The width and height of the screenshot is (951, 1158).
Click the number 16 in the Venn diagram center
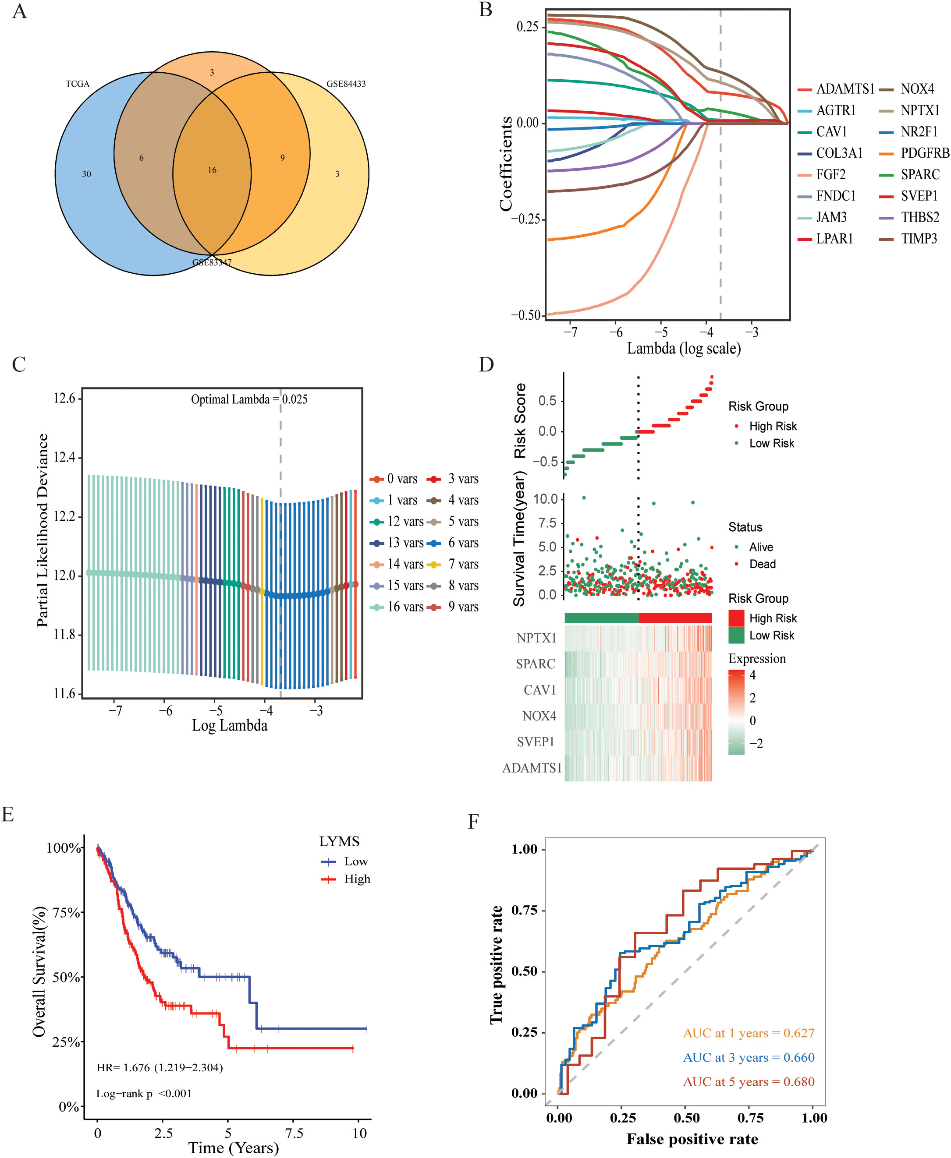pos(212,170)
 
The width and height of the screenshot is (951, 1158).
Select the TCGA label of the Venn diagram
pos(77,84)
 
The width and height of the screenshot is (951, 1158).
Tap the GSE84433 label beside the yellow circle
pos(346,84)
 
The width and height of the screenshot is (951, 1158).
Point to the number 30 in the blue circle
pos(87,174)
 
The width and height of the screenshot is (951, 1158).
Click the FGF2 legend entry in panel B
pos(830,175)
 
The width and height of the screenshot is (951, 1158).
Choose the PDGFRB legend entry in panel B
pos(925,153)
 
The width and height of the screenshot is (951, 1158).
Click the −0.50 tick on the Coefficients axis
pos(526,315)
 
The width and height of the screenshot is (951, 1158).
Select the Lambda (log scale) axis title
pos(684,349)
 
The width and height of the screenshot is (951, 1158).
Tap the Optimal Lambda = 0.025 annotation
pos(249,400)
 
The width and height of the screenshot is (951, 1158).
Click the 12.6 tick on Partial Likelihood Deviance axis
pos(65,399)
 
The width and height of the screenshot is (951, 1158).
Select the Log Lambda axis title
pos(230,726)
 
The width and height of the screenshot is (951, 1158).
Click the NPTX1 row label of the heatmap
pos(536,638)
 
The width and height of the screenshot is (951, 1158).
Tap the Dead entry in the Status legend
pos(762,564)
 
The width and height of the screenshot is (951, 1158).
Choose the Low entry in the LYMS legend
pos(355,862)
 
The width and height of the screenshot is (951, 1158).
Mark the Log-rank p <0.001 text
pos(144,1094)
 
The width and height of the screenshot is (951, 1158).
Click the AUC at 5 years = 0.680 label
pos(749,1082)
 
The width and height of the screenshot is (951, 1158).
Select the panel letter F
pos(473,822)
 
